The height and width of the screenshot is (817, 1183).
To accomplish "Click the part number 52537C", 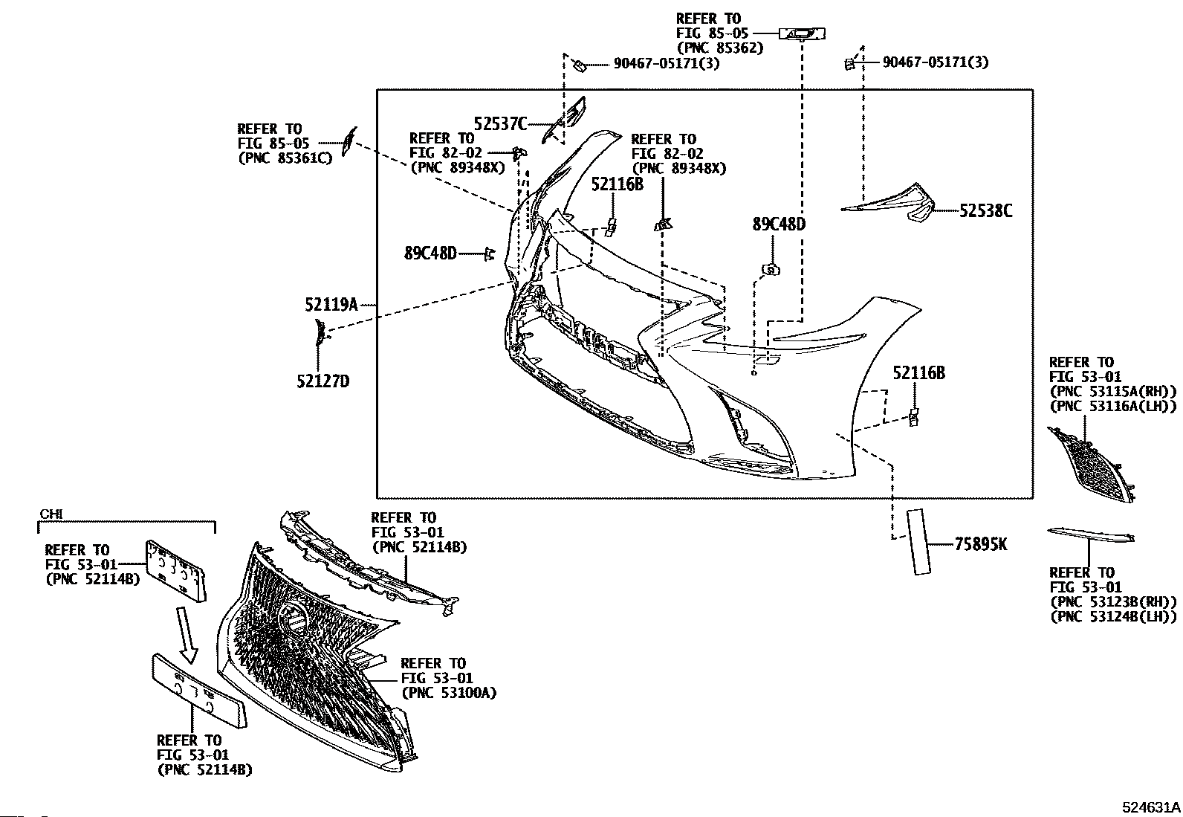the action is (499, 123).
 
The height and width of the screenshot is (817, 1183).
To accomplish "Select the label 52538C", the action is (985, 211).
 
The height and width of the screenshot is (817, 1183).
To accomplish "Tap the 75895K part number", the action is (980, 543).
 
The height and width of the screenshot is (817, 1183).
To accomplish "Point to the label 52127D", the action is (323, 381).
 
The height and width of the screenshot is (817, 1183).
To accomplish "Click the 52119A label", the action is (331, 304).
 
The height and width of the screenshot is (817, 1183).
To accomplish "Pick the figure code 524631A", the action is (1151, 807).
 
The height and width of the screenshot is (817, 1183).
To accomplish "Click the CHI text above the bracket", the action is (51, 514).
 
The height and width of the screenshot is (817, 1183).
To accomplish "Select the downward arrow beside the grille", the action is (187, 635).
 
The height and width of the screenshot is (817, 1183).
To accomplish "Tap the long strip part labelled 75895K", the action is (918, 541).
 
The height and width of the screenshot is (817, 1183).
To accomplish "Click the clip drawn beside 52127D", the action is (321, 332).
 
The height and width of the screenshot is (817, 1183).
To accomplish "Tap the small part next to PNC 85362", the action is (803, 34).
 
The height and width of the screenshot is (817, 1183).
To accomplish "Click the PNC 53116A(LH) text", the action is (1112, 407).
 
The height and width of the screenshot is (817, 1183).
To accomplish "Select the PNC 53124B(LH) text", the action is (1113, 617).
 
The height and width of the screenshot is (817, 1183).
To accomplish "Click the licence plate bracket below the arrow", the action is (198, 692).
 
